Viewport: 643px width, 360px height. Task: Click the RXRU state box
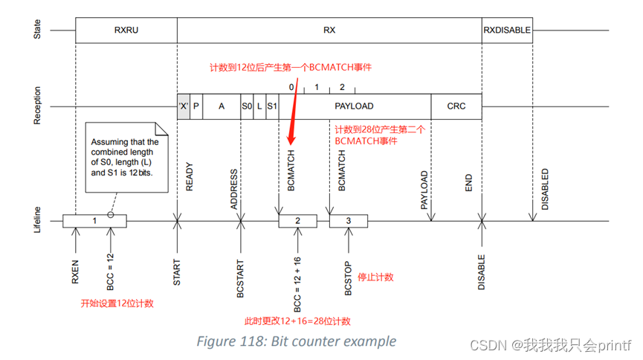tap(126, 30)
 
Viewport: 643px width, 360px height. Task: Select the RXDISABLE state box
tap(507, 30)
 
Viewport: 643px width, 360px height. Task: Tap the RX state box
tap(329, 30)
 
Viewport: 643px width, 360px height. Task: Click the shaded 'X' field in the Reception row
tap(183, 106)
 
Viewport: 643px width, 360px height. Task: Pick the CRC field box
tap(456, 106)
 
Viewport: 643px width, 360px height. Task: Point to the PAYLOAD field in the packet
tap(354, 106)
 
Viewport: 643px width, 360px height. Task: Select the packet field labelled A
tap(221, 106)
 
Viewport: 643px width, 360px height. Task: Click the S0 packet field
tap(246, 106)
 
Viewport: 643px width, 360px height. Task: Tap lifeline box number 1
tap(94, 221)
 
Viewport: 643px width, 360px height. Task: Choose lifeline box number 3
tap(349, 221)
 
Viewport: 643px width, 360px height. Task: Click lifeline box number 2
tap(297, 221)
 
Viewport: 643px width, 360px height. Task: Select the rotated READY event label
tap(189, 177)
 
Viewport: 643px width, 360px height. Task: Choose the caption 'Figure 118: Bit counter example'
tap(296, 341)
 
